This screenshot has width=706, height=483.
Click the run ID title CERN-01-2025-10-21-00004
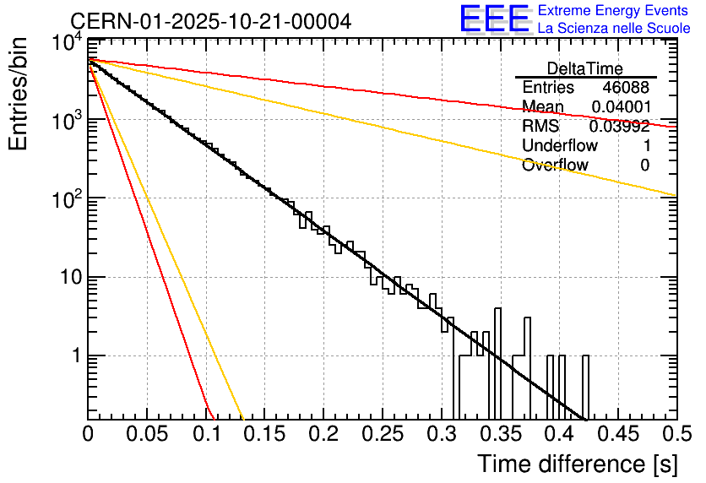(210, 20)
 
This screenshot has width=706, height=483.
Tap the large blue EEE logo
(494, 19)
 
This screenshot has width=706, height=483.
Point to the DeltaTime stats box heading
(585, 68)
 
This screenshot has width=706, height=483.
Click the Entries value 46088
(626, 88)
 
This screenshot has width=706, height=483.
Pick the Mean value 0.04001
(620, 107)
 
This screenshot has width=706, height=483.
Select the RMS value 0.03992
(620, 127)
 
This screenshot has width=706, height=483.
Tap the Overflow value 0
(644, 165)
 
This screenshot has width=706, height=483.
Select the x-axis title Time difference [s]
(576, 464)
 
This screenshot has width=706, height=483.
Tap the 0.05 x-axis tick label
(147, 434)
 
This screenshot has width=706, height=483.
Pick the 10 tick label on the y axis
(68, 277)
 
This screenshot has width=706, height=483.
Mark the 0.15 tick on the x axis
(265, 434)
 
